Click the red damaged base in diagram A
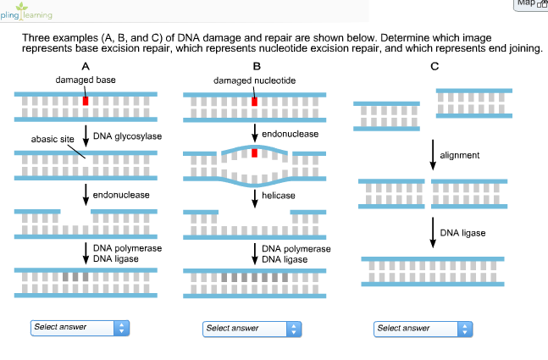click(86, 100)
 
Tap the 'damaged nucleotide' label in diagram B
click(253, 80)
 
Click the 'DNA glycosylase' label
click(127, 135)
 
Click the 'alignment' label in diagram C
click(460, 155)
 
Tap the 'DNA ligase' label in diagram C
click(463, 233)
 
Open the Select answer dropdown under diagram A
click(80, 327)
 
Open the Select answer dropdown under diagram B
click(252, 328)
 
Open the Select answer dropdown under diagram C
click(423, 328)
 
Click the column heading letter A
click(85, 66)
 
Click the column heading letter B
click(257, 66)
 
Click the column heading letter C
click(435, 66)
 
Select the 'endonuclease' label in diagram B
click(291, 134)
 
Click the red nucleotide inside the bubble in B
click(254, 153)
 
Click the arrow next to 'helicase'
click(254, 197)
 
